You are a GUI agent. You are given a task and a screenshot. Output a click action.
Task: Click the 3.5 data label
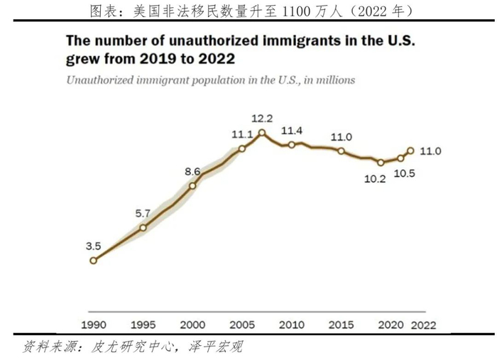pyautogui.click(x=93, y=246)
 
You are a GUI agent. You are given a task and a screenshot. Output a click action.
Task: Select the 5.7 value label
pyautogui.click(x=143, y=212)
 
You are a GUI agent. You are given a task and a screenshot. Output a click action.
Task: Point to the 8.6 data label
pyautogui.click(x=192, y=171)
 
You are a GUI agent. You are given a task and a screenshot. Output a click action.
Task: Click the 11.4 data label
pyautogui.click(x=292, y=131)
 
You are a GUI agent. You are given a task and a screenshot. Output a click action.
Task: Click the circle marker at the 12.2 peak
pyautogui.click(x=262, y=133)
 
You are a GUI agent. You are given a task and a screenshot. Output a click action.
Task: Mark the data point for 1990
pyautogui.click(x=93, y=261)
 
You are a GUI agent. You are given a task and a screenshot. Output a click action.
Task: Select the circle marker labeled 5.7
pyautogui.click(x=143, y=227)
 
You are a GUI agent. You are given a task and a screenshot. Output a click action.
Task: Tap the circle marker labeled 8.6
pyautogui.click(x=192, y=186)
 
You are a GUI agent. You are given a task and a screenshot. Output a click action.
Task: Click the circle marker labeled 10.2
pyautogui.click(x=381, y=163)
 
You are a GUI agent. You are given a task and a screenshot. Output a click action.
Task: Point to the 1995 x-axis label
pyautogui.click(x=143, y=324)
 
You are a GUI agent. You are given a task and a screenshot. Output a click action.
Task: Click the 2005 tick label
pyautogui.click(x=242, y=324)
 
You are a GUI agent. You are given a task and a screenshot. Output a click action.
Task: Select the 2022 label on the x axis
pyautogui.click(x=424, y=324)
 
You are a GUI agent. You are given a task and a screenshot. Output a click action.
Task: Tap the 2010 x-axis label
pyautogui.click(x=292, y=324)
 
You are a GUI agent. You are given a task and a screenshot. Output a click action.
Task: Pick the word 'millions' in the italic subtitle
pyautogui.click(x=333, y=80)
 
